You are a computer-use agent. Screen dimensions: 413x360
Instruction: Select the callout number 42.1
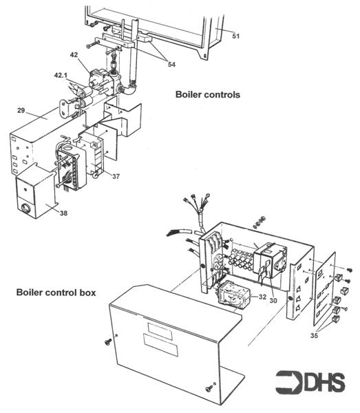pyautogui.click(x=63, y=74)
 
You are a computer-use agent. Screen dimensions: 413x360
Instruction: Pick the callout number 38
pyautogui.click(x=63, y=213)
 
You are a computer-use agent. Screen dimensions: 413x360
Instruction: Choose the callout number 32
pyautogui.click(x=262, y=296)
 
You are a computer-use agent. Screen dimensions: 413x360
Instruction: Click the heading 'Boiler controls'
pyautogui.click(x=207, y=95)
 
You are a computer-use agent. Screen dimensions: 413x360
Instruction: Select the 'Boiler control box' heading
pyautogui.click(x=56, y=293)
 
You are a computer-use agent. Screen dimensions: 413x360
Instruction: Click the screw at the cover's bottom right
pyautogui.click(x=209, y=390)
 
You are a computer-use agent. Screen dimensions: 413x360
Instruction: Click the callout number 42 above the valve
pyautogui.click(x=74, y=54)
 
